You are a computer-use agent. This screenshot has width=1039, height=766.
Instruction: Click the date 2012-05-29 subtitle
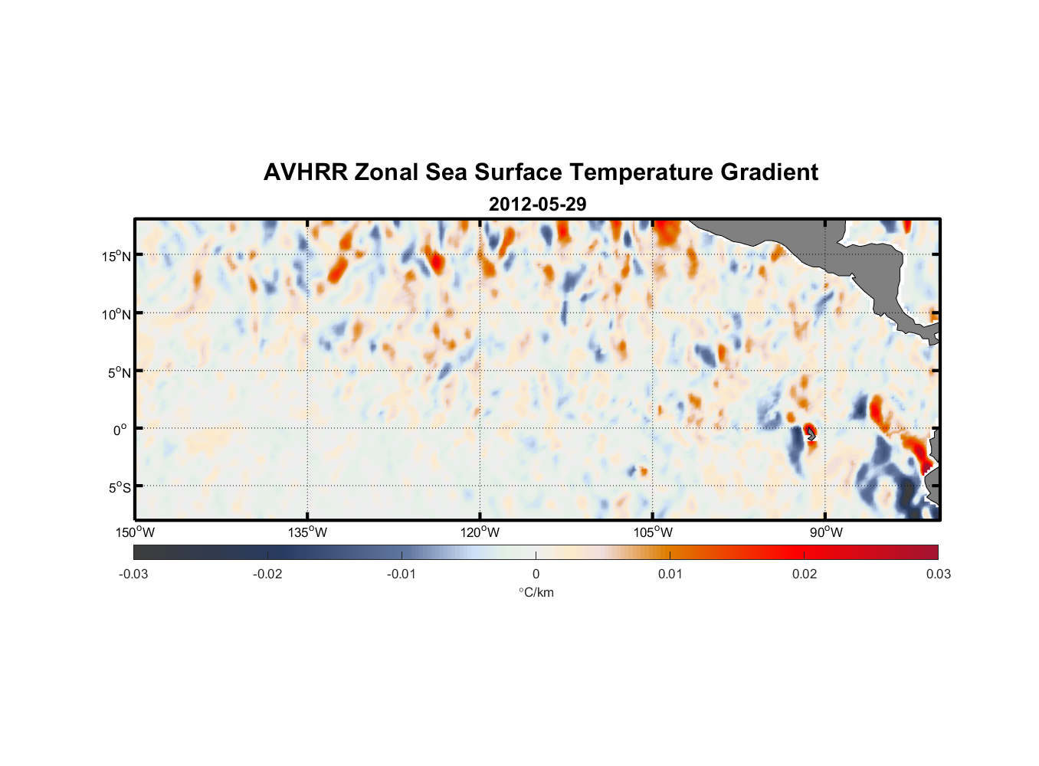pyautogui.click(x=537, y=204)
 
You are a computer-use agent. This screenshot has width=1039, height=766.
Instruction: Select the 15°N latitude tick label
pyautogui.click(x=116, y=256)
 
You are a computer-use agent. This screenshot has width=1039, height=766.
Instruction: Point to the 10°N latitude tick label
pyautogui.click(x=116, y=314)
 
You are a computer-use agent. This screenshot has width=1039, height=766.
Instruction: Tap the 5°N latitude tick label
pyautogui.click(x=118, y=372)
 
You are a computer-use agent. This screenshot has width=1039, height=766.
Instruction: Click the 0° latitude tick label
pyautogui.click(x=120, y=430)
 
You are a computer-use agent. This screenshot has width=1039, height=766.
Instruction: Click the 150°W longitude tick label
pyautogui.click(x=135, y=532)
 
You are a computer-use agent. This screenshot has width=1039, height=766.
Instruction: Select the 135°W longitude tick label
pyautogui.click(x=307, y=532)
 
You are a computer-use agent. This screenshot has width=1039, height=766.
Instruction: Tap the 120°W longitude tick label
pyautogui.click(x=480, y=532)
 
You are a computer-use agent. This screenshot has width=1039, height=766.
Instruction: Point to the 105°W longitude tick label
pyautogui.click(x=653, y=532)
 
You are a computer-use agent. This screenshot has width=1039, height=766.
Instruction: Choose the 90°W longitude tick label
pyautogui.click(x=825, y=532)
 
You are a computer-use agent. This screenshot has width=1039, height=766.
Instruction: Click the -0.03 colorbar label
pyautogui.click(x=133, y=574)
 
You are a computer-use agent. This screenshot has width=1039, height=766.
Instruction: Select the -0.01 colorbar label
pyautogui.click(x=402, y=574)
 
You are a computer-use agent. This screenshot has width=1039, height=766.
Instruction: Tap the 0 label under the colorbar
pyautogui.click(x=536, y=574)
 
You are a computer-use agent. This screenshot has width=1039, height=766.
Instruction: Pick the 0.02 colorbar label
pyautogui.click(x=805, y=574)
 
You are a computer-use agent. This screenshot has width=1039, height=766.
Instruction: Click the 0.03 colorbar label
pyautogui.click(x=938, y=574)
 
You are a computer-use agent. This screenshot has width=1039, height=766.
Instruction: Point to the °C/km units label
pyautogui.click(x=536, y=592)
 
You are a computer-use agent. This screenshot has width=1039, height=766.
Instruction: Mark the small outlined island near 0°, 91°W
pyautogui.click(x=811, y=434)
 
